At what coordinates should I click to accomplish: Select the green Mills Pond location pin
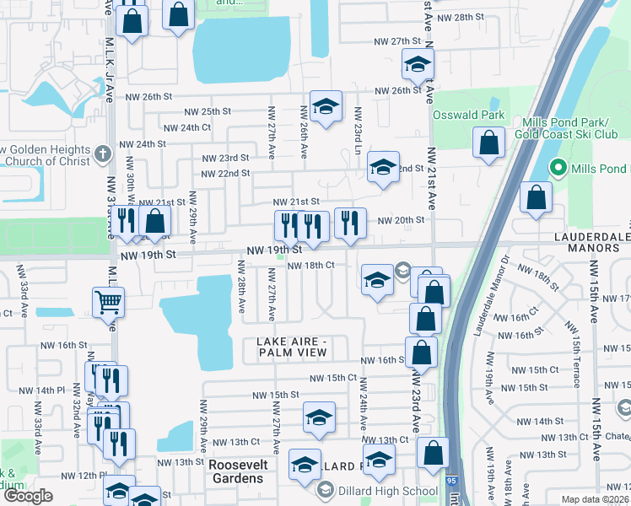pos(557,168)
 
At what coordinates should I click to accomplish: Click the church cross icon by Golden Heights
pos(103,154)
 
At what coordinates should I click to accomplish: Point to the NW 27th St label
pos(399,41)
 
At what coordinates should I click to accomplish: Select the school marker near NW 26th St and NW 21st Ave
pos(418,64)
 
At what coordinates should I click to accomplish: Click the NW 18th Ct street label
pos(311,265)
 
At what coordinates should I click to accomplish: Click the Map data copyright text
pos(595,498)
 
